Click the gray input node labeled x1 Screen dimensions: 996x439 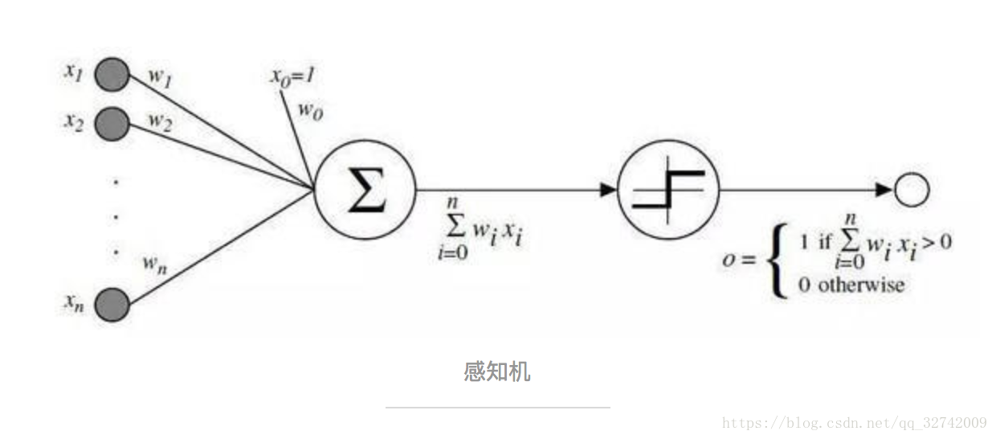(x=112, y=76)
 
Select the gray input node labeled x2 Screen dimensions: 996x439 (x=112, y=125)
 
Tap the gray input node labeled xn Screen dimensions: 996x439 (x=112, y=306)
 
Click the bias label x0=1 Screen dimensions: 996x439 (x=292, y=77)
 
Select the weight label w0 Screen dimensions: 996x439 (x=311, y=111)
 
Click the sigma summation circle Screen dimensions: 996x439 (x=365, y=190)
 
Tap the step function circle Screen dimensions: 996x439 (x=668, y=190)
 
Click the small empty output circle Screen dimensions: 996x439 (x=912, y=190)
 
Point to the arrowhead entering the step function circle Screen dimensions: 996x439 (x=609, y=190)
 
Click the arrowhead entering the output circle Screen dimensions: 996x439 (x=884, y=190)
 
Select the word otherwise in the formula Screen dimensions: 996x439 (x=860, y=285)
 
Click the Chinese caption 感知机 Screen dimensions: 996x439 (x=497, y=372)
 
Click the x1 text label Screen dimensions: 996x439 (x=74, y=71)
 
